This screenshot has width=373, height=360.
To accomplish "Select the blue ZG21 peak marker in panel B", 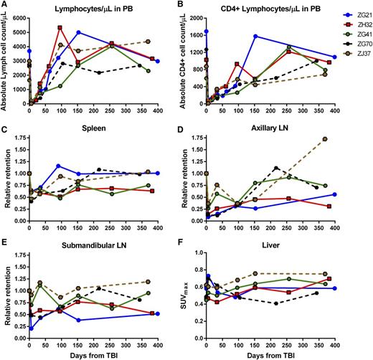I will [255, 36].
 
